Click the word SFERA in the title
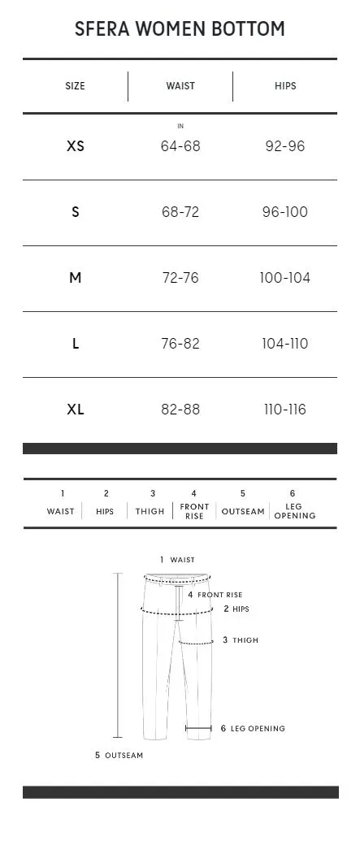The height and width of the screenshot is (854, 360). [x=102, y=29]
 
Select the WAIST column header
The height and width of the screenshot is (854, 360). [x=180, y=85]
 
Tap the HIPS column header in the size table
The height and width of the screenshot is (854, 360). [x=285, y=85]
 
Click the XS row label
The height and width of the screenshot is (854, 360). [x=75, y=146]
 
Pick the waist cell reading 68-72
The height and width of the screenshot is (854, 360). [x=180, y=212]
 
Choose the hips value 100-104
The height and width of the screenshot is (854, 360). [x=285, y=278]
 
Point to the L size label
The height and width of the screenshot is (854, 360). [x=75, y=344]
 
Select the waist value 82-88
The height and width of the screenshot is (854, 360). [x=180, y=410]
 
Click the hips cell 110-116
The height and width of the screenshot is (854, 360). [x=285, y=410]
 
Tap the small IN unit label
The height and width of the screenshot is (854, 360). [x=180, y=127]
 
